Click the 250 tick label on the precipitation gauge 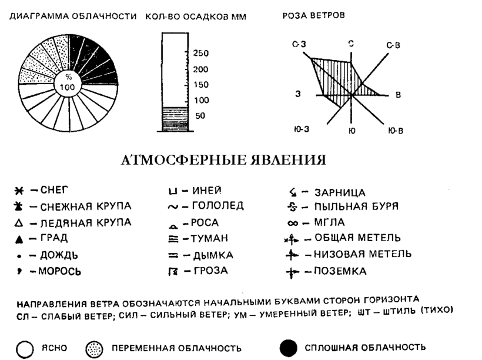[x=200, y=54]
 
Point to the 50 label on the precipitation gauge [x=200, y=116]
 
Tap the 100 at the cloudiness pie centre [x=68, y=86]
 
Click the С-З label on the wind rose [x=299, y=44]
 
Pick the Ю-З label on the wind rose [x=301, y=129]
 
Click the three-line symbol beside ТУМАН [x=172, y=239]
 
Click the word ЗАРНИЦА [x=342, y=192]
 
